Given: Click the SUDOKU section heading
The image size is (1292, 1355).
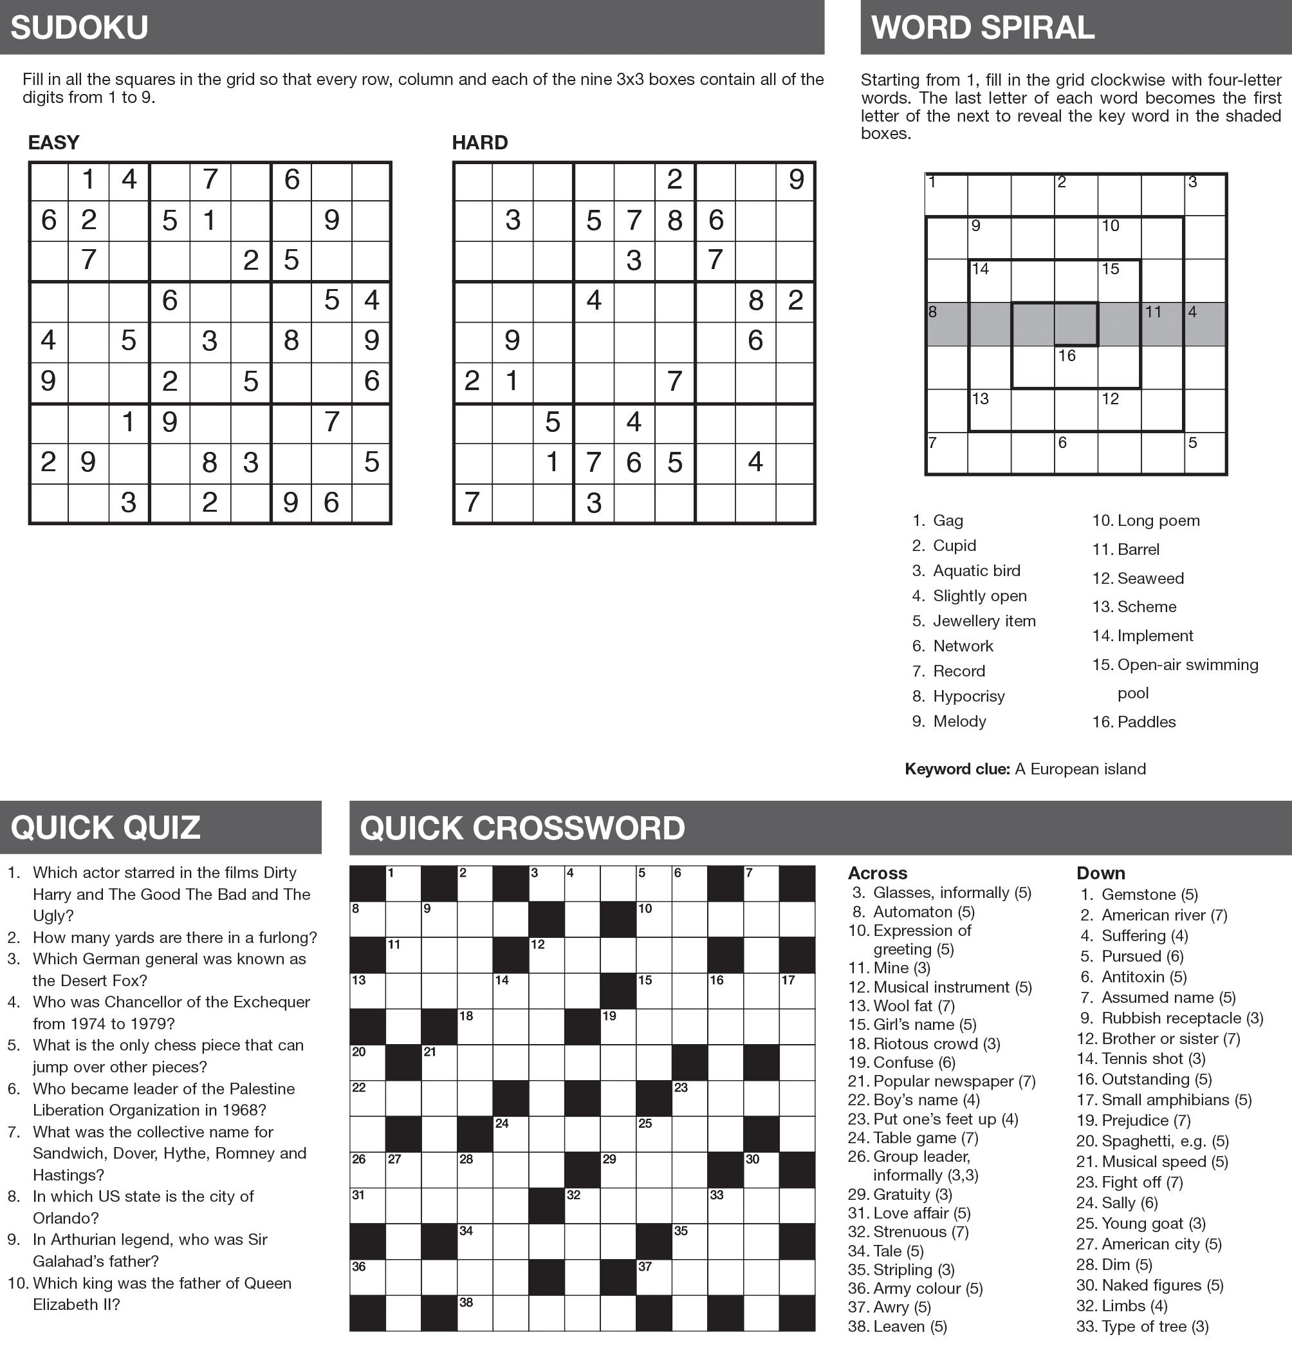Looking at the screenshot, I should click(79, 28).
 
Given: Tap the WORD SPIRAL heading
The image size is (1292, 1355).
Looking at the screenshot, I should click(982, 28).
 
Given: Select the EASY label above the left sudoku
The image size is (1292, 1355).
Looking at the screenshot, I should click(53, 143).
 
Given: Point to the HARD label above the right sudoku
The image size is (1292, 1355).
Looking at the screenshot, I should click(479, 143).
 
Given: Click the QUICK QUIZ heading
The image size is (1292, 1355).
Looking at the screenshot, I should click(106, 827).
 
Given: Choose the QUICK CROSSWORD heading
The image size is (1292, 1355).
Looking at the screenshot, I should click(522, 828).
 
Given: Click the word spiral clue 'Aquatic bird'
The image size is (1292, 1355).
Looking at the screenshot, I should click(976, 570).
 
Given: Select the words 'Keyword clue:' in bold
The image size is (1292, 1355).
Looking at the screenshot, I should click(957, 769).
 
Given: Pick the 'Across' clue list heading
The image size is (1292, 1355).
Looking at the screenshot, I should click(878, 873).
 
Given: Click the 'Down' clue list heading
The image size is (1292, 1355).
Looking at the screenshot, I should click(1100, 873).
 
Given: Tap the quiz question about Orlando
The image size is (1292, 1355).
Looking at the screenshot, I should click(143, 1207).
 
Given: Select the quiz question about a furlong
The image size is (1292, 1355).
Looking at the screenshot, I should click(175, 937).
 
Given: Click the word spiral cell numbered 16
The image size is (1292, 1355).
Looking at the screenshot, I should click(1075, 366).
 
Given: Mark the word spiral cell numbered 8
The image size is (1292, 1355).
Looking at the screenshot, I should click(946, 324).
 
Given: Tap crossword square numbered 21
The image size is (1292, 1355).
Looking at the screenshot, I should click(439, 1061).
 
